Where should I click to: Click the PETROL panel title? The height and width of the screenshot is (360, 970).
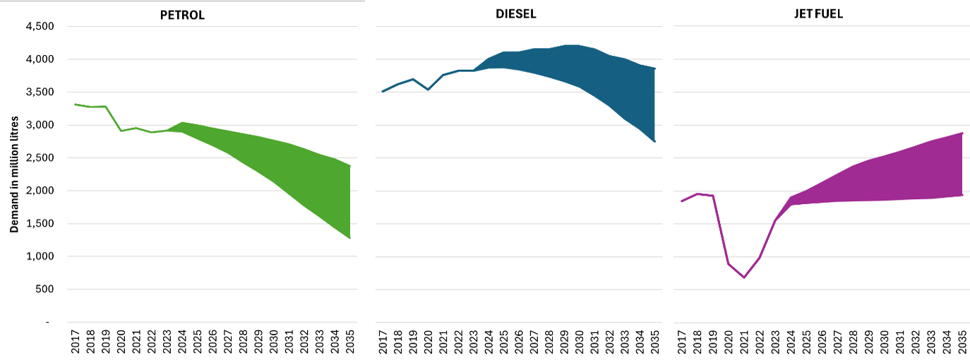182,15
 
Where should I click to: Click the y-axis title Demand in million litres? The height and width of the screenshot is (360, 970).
14,174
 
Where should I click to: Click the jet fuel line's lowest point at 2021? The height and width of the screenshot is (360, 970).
743,277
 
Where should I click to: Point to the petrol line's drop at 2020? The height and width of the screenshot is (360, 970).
121,131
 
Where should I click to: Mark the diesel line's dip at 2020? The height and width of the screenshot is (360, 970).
427,90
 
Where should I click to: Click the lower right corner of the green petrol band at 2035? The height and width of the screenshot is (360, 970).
349,239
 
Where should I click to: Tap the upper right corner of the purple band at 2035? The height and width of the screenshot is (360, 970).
962,133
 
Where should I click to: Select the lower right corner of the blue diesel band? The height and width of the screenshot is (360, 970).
655,142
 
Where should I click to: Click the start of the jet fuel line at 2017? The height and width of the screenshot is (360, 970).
681,201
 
